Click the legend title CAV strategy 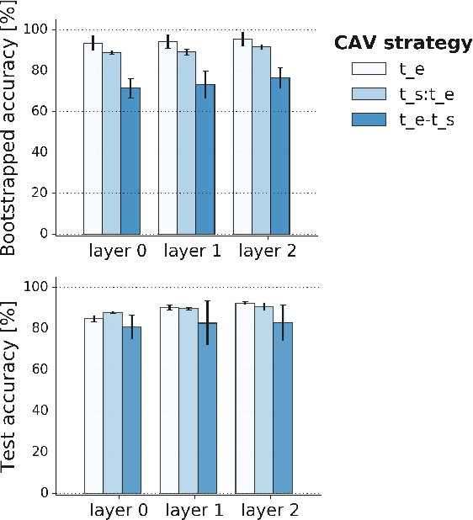[x=402, y=43]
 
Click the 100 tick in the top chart [x=62, y=29]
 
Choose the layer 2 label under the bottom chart [x=268, y=510]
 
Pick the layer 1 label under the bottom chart [x=194, y=510]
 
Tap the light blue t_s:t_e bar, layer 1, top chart [x=187, y=143]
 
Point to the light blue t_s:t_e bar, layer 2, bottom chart [x=263, y=399]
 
